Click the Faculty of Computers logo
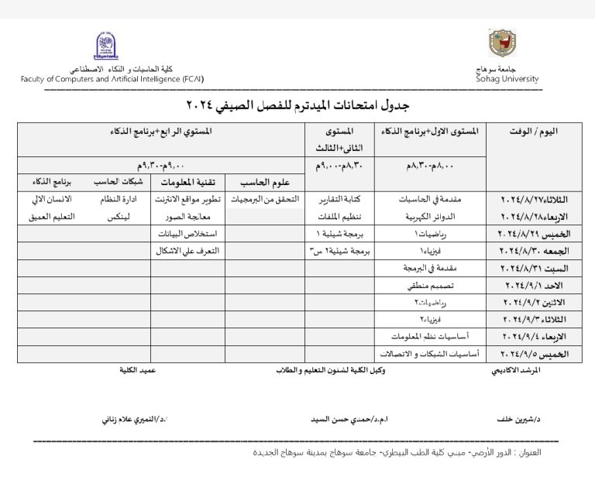coord(105,47)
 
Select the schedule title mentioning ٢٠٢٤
coord(297,104)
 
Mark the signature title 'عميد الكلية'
coord(139,371)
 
